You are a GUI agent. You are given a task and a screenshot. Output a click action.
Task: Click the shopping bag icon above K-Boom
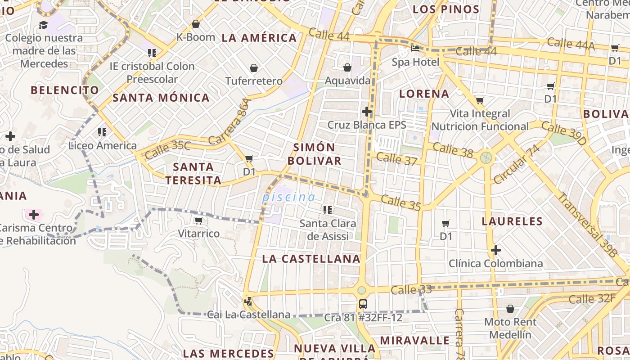point(196,24)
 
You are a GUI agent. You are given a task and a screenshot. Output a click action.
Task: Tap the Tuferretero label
point(254,81)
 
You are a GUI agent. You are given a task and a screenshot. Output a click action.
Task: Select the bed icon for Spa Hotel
point(415,48)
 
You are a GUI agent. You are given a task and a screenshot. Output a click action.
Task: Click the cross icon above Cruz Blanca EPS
point(367,111)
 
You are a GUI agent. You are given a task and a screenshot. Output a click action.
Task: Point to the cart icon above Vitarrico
point(198,220)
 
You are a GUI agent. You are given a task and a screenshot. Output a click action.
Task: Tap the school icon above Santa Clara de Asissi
point(328,210)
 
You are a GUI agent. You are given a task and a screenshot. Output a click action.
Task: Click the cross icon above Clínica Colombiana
point(496,250)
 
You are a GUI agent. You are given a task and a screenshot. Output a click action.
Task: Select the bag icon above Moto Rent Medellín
point(510,309)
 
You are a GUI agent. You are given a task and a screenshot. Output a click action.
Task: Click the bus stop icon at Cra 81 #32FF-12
point(363,304)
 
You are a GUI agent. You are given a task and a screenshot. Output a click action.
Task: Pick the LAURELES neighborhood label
point(512,221)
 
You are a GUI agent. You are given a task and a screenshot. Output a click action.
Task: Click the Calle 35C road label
point(168,149)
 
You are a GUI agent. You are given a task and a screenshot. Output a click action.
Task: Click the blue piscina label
point(288,197)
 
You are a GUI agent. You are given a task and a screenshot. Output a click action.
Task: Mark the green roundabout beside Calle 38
point(486,157)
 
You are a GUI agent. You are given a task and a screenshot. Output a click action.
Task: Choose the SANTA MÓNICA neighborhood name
point(161,98)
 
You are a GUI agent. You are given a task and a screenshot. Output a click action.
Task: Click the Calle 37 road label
point(396,158)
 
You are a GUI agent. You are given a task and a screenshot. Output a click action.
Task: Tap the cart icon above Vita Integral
point(480,100)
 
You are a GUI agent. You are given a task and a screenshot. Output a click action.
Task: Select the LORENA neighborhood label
point(424,94)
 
